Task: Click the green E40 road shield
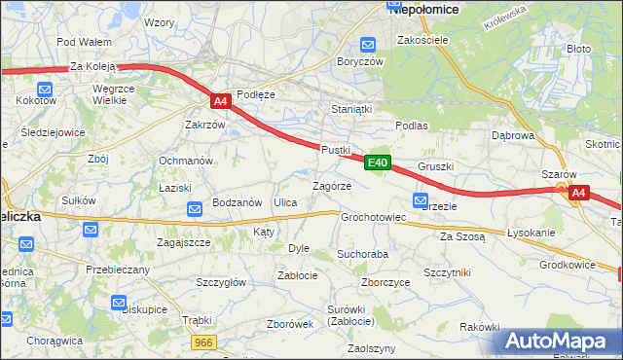click(379, 162)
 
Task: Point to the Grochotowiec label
click(373, 217)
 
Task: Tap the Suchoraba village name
click(362, 254)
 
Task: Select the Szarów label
click(560, 174)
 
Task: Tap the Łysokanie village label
click(531, 234)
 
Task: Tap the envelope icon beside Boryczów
click(368, 44)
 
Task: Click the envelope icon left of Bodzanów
click(194, 206)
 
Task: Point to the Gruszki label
click(435, 166)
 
